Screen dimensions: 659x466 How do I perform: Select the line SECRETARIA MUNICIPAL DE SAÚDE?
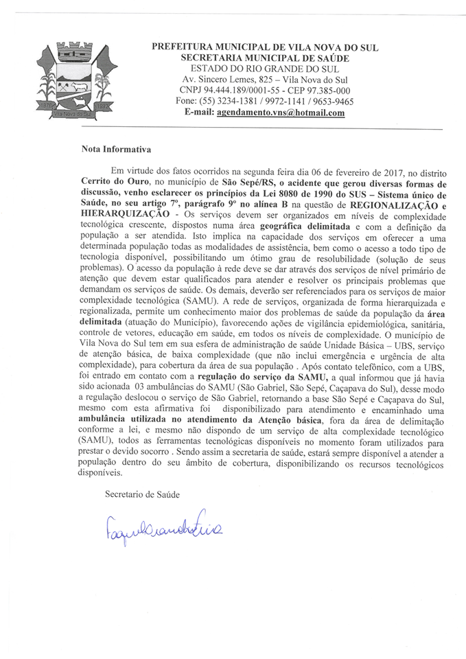pos(264,58)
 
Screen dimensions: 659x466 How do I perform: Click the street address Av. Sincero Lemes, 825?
pos(231,80)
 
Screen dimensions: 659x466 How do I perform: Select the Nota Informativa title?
pos(115,149)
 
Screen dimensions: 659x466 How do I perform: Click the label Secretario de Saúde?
pos(140,494)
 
